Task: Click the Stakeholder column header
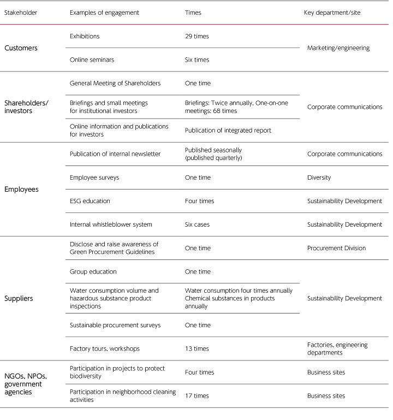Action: (21, 13)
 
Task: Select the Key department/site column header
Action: (332, 13)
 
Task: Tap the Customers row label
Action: (21, 48)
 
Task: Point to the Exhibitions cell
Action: (85, 37)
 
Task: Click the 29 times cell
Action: (197, 37)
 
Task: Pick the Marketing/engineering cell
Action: (338, 48)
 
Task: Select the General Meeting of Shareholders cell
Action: (115, 84)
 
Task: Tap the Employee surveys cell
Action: (94, 178)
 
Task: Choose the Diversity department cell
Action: (320, 178)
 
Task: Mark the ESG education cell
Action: (90, 201)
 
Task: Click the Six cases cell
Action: (198, 224)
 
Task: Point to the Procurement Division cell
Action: (337, 248)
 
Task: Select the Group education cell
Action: (93, 271)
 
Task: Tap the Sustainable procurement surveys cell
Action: (115, 325)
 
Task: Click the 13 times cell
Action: (197, 348)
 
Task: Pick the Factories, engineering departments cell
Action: (337, 348)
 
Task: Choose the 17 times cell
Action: (197, 395)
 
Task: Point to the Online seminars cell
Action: (92, 60)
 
